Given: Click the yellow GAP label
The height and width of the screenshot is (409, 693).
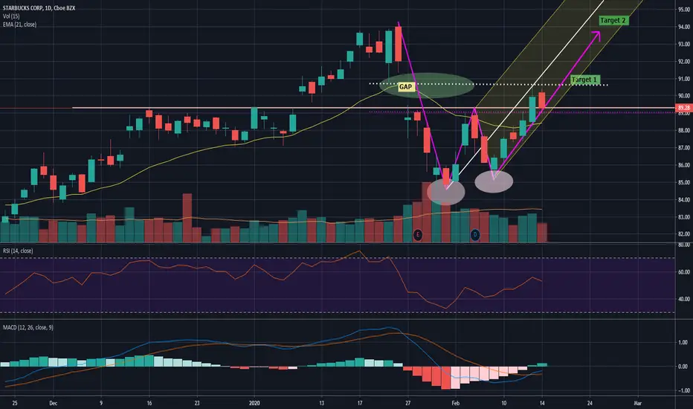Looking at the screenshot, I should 405,87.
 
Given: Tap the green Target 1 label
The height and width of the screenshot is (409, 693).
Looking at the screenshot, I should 585,79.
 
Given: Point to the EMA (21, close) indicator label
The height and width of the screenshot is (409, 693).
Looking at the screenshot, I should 20,25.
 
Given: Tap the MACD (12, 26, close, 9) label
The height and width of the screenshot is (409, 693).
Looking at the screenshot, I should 33,326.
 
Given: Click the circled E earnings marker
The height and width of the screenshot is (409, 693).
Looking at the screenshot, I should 418,235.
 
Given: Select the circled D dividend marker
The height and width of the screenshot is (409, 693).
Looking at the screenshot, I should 476,235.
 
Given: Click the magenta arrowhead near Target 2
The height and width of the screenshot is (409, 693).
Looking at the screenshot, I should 599,33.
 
